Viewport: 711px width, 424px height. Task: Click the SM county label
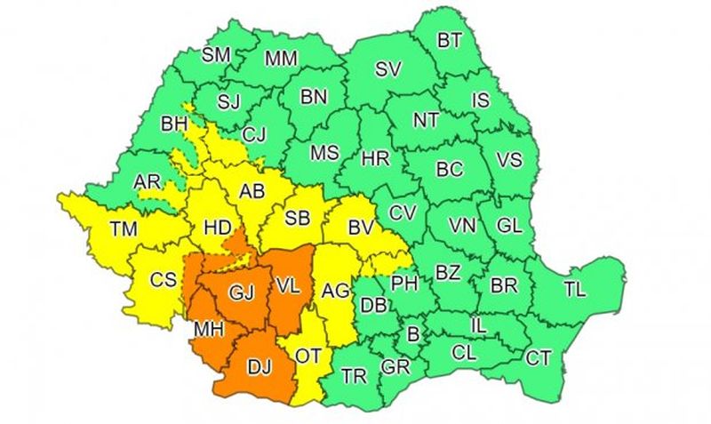pyautogui.click(x=216, y=55)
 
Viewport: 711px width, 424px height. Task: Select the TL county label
pyautogui.click(x=575, y=288)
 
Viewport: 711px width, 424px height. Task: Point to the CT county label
pyautogui.click(x=539, y=358)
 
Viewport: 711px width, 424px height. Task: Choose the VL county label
pyautogui.click(x=287, y=287)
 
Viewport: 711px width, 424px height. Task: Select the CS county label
pyautogui.click(x=163, y=279)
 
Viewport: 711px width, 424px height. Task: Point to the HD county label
pyautogui.click(x=217, y=228)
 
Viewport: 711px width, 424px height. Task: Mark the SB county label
pyautogui.click(x=297, y=217)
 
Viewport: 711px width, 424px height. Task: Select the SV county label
pyautogui.click(x=387, y=68)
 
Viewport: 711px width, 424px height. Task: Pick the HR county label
pyautogui.click(x=376, y=159)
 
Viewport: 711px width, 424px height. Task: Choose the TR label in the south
pyautogui.click(x=355, y=375)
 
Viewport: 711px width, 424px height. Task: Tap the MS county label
pyautogui.click(x=324, y=153)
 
